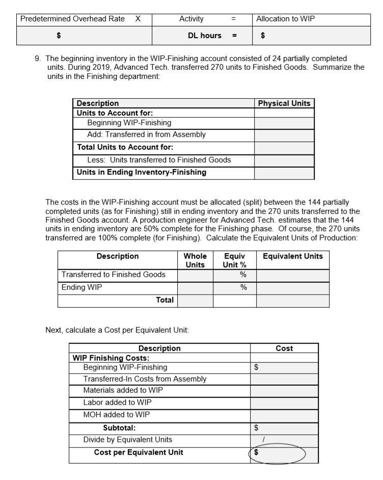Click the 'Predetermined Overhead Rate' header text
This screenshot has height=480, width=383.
(71, 19)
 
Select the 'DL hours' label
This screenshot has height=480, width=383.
(205, 35)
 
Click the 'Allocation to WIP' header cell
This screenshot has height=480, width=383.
(286, 19)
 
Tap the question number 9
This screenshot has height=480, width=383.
(37, 59)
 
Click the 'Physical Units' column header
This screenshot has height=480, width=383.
(284, 103)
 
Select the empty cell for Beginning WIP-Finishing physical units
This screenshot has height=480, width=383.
(284, 123)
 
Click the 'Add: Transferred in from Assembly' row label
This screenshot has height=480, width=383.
(147, 135)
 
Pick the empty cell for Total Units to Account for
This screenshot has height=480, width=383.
(284, 148)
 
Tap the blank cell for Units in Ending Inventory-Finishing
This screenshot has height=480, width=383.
(284, 172)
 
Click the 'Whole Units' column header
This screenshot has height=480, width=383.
(195, 260)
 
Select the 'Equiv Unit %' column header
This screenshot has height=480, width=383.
(234, 260)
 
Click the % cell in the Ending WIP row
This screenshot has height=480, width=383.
(234, 288)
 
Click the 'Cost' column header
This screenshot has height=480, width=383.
(284, 349)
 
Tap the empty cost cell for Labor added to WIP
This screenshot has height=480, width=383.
(284, 403)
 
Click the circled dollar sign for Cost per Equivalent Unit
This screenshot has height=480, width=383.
(257, 452)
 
